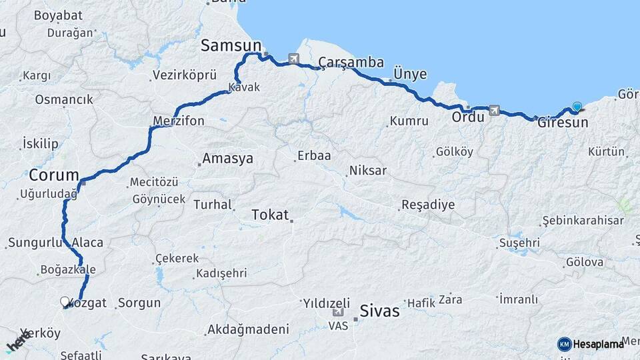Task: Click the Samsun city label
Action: coord(231,45)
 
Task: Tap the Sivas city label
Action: coord(379,310)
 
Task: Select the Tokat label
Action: coord(270,215)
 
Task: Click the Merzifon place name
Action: coord(179,121)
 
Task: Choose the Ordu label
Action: coord(468,117)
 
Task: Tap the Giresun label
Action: coord(563,123)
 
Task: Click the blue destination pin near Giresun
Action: coord(577,106)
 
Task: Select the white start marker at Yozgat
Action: coord(65,302)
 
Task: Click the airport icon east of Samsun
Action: coord(293,59)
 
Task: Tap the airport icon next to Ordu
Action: coord(494,110)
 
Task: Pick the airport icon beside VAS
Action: coord(338,311)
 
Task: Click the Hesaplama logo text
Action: coord(599,344)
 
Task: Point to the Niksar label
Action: coord(367,171)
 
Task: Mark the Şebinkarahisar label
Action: coord(583,221)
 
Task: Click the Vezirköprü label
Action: coord(176,75)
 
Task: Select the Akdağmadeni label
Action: coord(248,329)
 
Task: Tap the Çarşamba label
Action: coord(351,63)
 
